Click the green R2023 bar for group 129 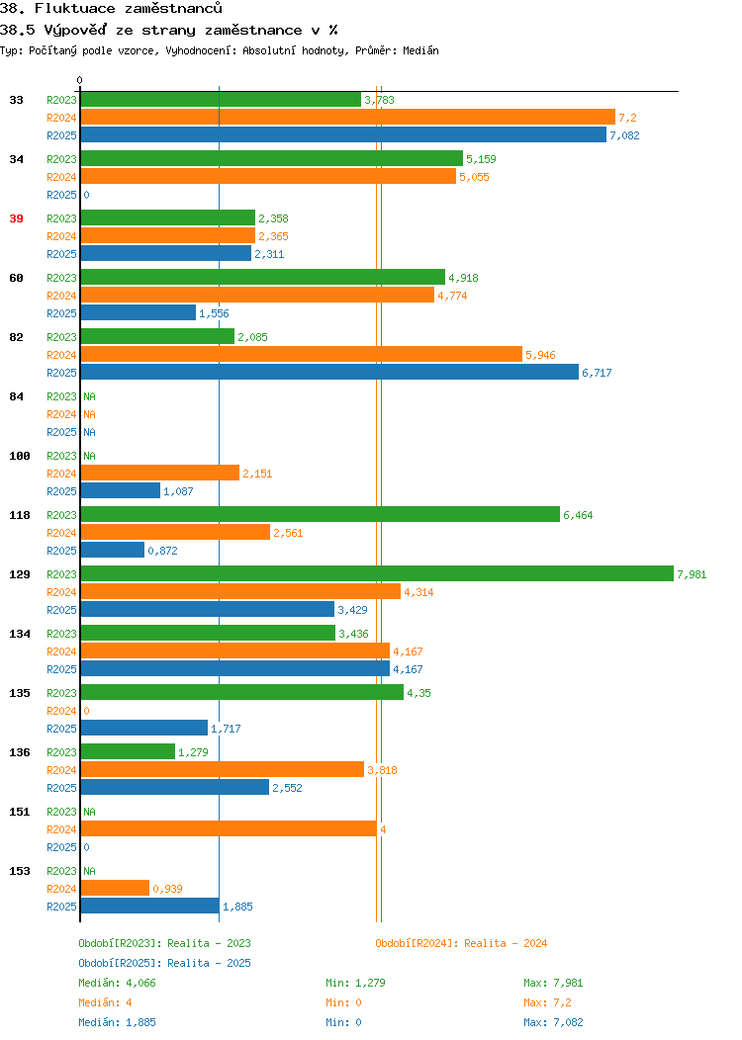tap(377, 573)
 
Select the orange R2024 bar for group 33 tap(348, 118)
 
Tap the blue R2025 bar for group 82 tap(329, 372)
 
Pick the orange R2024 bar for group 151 tap(229, 829)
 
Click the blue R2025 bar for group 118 tap(113, 550)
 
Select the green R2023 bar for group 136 tap(128, 751)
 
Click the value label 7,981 tap(692, 574)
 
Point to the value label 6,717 tap(597, 373)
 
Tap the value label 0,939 tap(167, 889)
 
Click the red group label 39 tap(16, 218)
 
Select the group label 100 tap(19, 456)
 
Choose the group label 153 tap(19, 871)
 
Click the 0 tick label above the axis tap(80, 80)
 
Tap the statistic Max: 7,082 tap(553, 1022)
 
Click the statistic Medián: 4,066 tap(118, 983)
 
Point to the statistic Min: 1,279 tap(356, 983)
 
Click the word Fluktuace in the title tap(75, 9)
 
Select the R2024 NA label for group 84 tap(90, 414)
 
